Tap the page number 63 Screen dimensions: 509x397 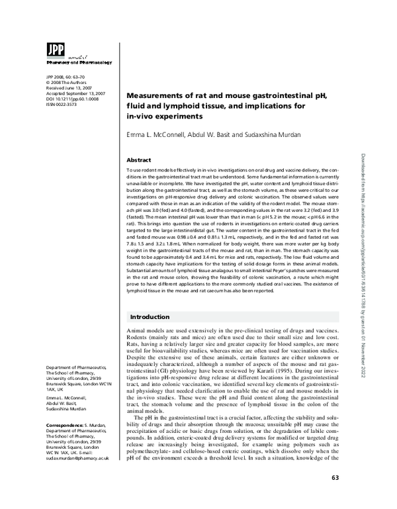click(x=335, y=496)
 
